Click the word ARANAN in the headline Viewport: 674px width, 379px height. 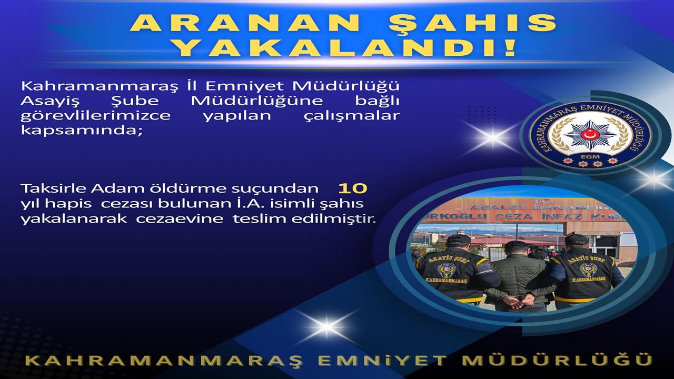pos(245,23)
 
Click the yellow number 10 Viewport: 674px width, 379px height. pos(353,188)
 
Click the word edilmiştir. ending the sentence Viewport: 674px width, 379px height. pos(334,218)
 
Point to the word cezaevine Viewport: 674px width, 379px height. pos(180,218)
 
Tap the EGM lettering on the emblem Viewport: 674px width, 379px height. pos(590,157)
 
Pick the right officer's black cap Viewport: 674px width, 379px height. pos(576,240)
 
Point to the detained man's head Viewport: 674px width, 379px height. pos(517,248)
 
